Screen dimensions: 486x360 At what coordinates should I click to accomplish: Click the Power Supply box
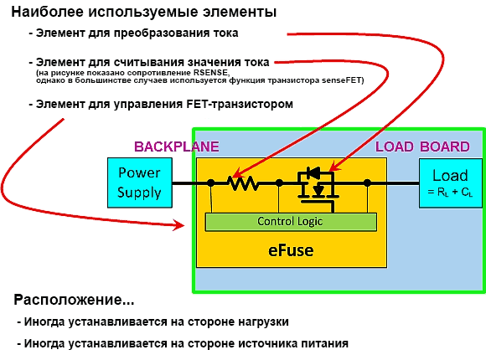click(140, 183)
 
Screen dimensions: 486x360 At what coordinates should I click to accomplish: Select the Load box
click(450, 183)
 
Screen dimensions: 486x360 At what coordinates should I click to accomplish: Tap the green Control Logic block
click(291, 222)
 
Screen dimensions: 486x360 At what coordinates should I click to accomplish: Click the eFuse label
click(291, 250)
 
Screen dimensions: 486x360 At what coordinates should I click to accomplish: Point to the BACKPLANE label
click(176, 147)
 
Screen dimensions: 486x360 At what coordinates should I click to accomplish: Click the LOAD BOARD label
click(422, 147)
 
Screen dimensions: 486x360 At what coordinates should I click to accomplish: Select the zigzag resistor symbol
click(244, 183)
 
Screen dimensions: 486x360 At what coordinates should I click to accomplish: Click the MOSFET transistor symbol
click(318, 189)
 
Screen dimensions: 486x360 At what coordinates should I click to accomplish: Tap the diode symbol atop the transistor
click(313, 172)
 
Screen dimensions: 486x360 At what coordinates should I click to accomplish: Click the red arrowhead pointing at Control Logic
click(179, 225)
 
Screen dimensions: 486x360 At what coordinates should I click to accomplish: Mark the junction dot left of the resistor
click(211, 183)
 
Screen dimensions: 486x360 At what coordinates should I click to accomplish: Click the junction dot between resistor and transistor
click(279, 183)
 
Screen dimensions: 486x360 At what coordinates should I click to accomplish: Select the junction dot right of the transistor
click(367, 183)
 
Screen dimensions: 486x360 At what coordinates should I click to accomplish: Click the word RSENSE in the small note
click(211, 73)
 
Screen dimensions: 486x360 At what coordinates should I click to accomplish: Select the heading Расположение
click(74, 300)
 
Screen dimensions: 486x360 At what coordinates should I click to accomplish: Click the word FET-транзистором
click(240, 104)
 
